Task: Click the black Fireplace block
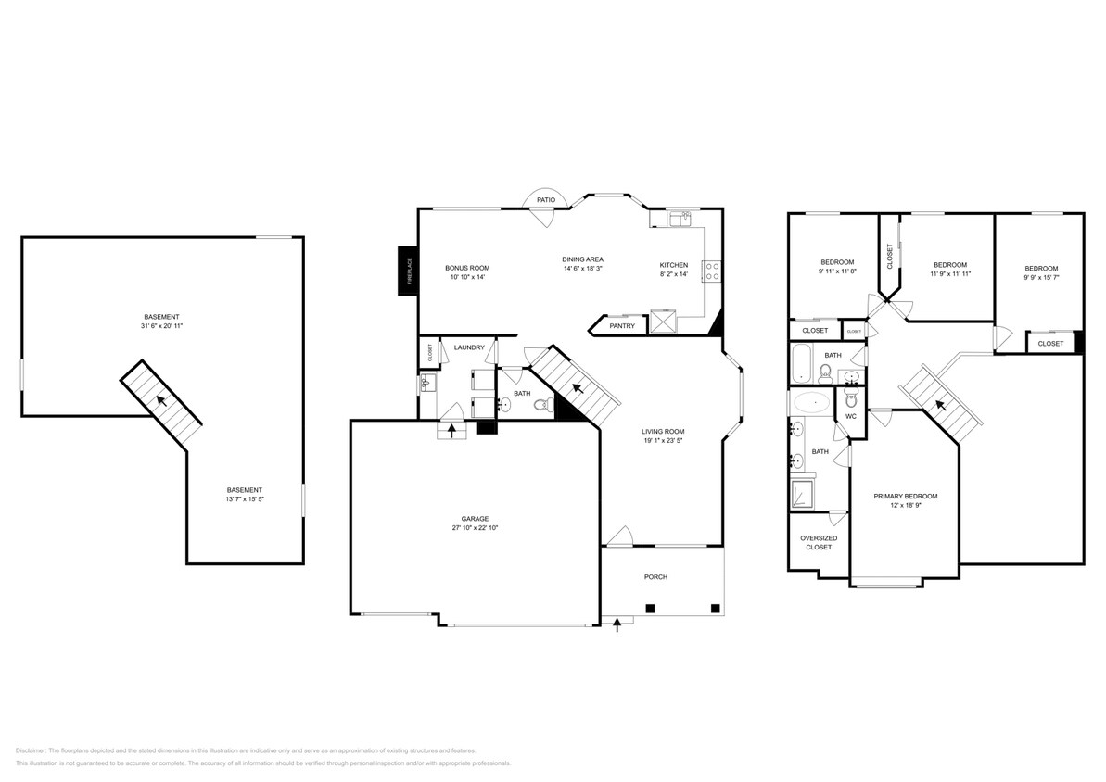405,271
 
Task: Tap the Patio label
546,199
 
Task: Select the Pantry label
621,326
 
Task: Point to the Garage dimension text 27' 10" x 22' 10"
475,528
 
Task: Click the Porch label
655,577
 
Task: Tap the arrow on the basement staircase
160,401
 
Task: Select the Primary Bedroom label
905,496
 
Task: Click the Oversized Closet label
818,542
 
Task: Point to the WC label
850,416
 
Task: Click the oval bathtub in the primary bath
812,403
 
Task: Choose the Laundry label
469,347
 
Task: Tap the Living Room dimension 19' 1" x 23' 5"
663,441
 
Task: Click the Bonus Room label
466,267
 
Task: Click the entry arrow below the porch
617,626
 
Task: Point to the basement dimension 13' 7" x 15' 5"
245,500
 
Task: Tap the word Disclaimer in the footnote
31,750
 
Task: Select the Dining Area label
582,259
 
